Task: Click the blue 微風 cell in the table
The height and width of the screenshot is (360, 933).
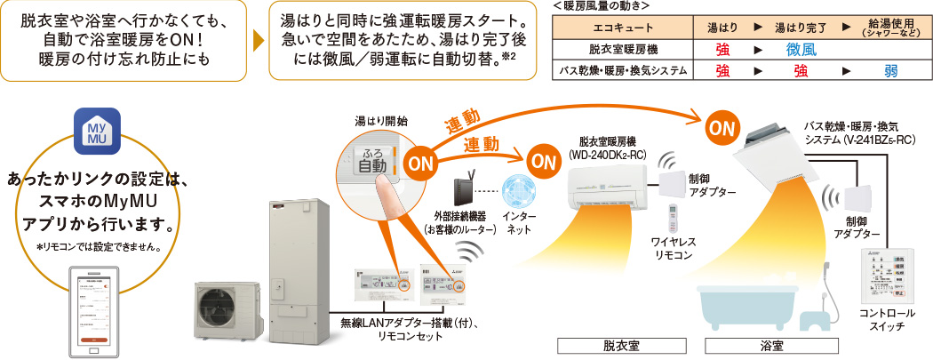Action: pyautogui.click(x=801, y=51)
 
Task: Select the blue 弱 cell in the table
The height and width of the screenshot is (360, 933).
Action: pyautogui.click(x=890, y=70)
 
